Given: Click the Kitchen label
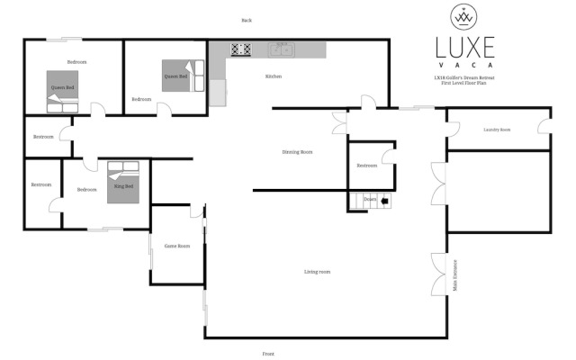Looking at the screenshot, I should point(273,76).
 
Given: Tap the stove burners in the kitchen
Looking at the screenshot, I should point(240,50).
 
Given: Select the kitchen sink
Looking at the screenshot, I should point(279,50).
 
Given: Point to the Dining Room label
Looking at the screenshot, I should point(297,152).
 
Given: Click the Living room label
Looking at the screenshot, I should point(317,271).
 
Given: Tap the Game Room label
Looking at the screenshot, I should point(176,246).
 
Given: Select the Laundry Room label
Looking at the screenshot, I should point(496,130).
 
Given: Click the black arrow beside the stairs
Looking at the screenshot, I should point(386,201).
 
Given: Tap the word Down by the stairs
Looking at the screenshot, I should point(370,200).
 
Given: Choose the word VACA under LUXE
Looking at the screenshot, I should point(464,66).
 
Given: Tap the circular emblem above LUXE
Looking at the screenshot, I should point(464,16).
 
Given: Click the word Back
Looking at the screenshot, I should point(247,20).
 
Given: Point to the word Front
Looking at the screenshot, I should point(267,355).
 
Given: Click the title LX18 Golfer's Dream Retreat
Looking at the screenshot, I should point(464,79).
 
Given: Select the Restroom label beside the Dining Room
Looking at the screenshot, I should point(366,166).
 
